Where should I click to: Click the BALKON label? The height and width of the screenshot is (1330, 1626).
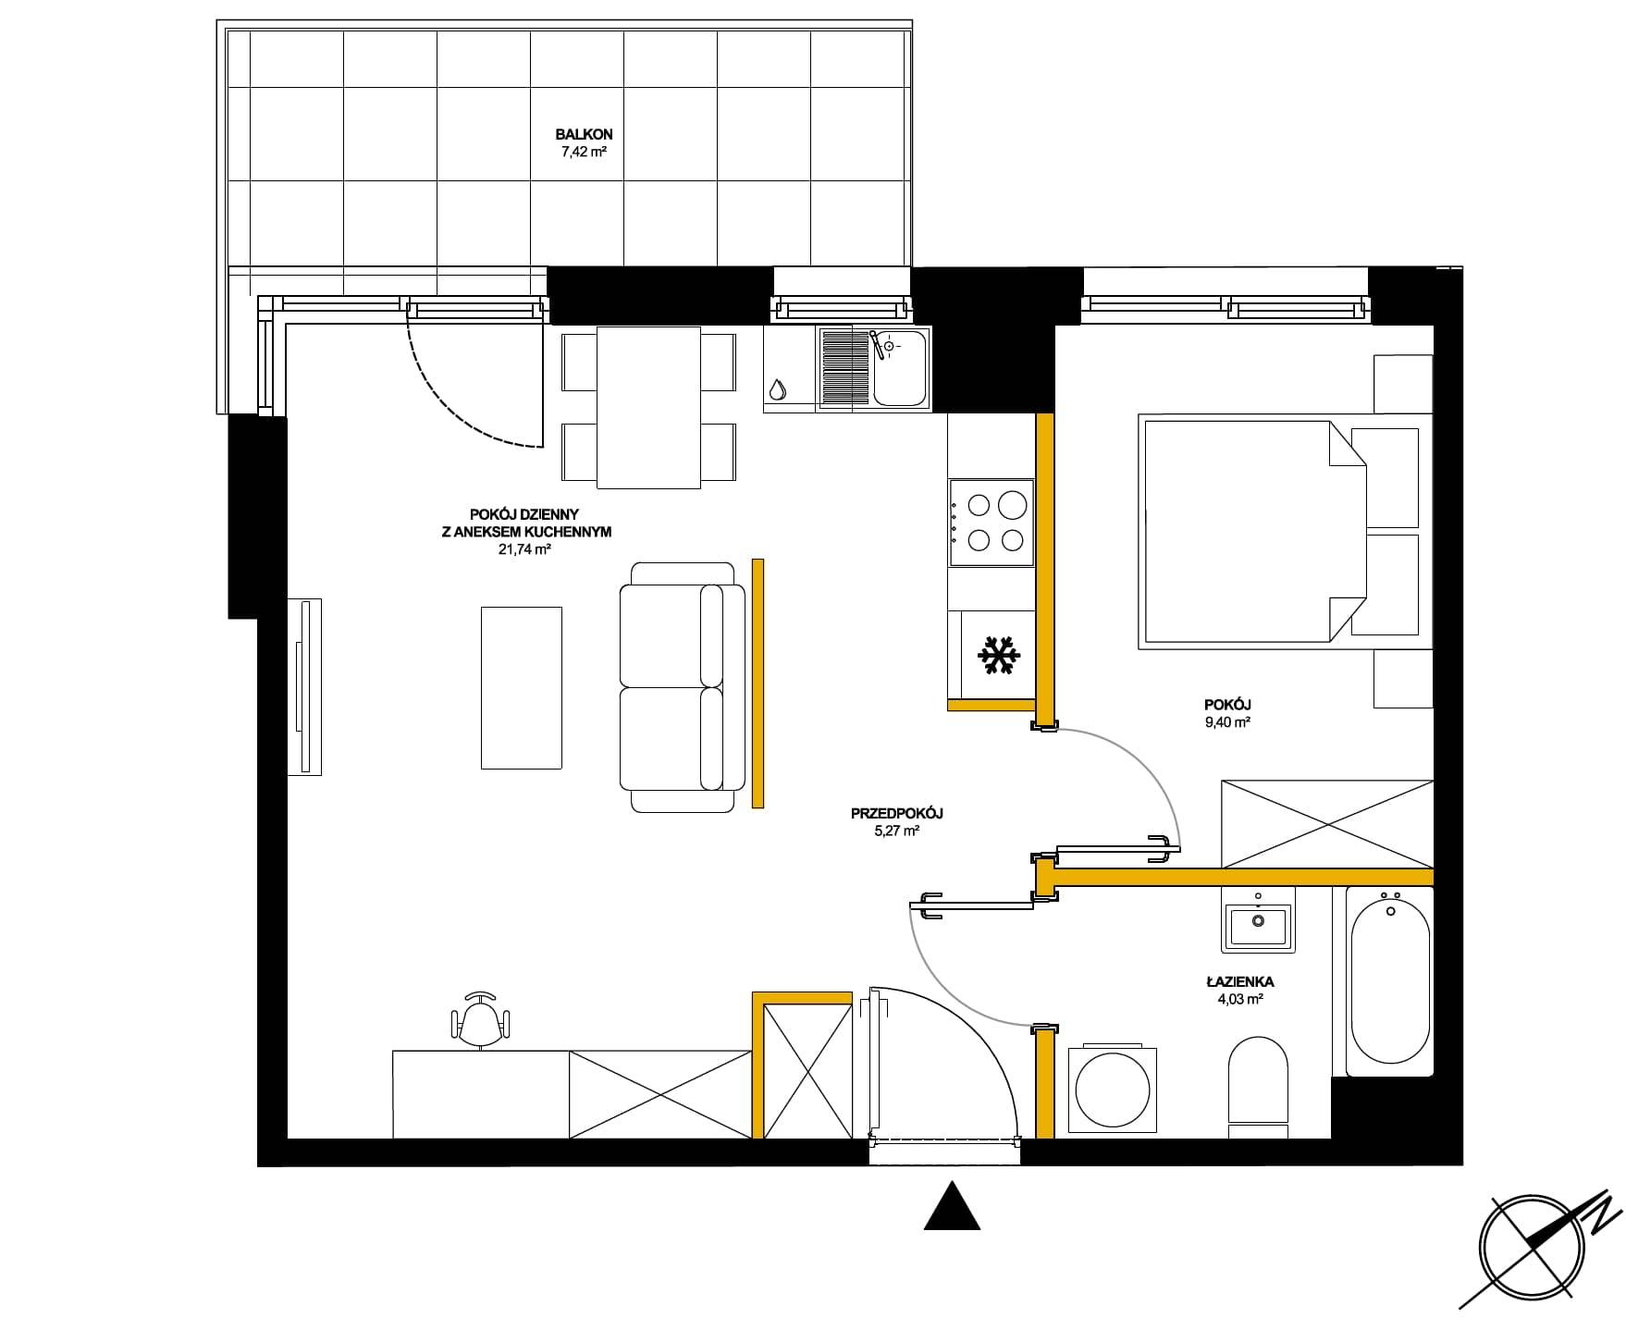584,135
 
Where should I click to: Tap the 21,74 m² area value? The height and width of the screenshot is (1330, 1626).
524,548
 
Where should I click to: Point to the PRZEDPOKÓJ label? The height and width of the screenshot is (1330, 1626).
896,814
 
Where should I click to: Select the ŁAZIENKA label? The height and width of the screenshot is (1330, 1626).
1239,982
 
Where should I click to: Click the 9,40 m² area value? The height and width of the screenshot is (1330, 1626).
1227,722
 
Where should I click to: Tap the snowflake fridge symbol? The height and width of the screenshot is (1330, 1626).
999,654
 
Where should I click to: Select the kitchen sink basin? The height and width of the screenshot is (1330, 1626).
900,369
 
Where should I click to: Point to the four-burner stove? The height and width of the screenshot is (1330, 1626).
991,523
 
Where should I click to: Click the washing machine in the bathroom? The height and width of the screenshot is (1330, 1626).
1113,1089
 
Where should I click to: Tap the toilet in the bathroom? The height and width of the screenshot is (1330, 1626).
1258,1087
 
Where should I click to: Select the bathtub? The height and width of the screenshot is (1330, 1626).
1389,981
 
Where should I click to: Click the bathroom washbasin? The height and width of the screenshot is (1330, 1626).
1258,921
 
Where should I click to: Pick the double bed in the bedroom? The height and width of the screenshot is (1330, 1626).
1280,531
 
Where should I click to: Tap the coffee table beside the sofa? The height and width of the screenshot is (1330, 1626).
522,687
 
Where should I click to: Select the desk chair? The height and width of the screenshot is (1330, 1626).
480,1019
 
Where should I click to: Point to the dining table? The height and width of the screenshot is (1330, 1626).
648,407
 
